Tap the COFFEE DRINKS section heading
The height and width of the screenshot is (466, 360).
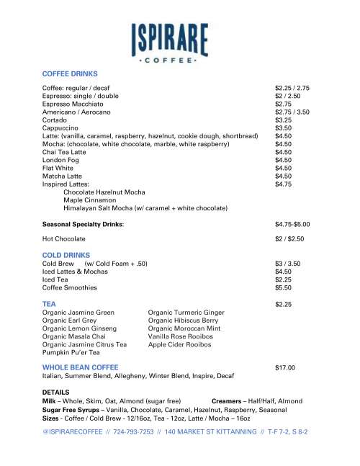[x=70, y=73]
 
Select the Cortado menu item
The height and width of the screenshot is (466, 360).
[x=55, y=120]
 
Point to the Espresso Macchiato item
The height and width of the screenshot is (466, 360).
[x=73, y=104]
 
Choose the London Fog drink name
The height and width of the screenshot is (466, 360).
[x=61, y=160]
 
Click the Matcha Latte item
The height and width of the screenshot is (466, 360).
[x=62, y=176]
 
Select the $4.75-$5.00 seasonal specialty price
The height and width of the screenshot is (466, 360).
[x=292, y=224]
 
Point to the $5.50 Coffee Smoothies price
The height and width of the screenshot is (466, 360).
[x=283, y=287]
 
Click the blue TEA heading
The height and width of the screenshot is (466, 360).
[x=49, y=304]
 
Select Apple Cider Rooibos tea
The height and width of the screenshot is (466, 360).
[x=179, y=345]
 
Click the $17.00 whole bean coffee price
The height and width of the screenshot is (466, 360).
[x=285, y=367]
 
